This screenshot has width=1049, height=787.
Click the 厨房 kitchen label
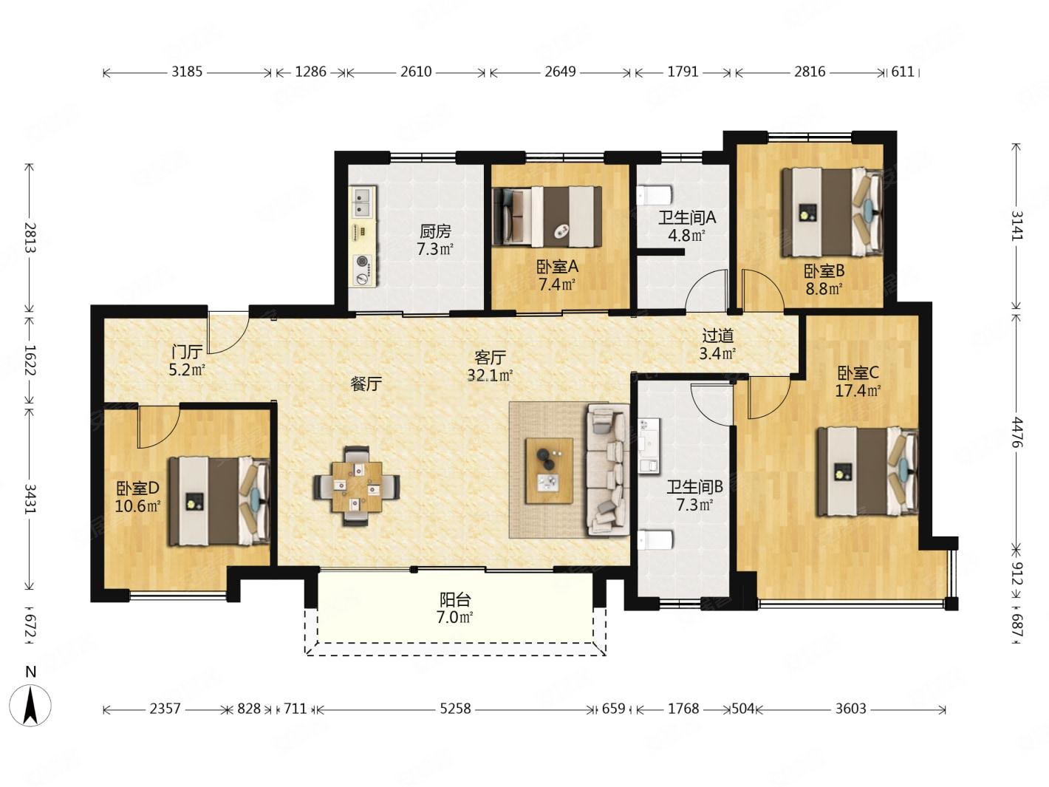tap(435, 231)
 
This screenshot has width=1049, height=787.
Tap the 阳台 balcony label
tap(455, 599)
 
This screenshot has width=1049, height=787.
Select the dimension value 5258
tap(455, 708)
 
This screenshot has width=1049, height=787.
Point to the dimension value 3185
tap(187, 72)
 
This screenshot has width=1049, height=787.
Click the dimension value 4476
tap(1017, 432)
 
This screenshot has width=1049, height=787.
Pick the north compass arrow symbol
tap(30, 706)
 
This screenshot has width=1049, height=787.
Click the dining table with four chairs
tap(357, 486)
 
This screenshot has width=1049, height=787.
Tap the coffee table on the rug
tap(549, 471)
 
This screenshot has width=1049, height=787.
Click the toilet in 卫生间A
tap(654, 195)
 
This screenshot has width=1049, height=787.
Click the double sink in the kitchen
tap(363, 202)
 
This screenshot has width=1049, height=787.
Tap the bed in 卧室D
tap(219, 501)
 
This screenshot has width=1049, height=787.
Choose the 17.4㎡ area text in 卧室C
tap(858, 391)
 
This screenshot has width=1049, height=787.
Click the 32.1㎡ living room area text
tap(491, 375)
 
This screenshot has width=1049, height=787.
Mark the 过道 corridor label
tap(717, 336)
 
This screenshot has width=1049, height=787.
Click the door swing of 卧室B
tap(762, 290)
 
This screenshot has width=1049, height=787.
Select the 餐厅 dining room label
tap(366, 384)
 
